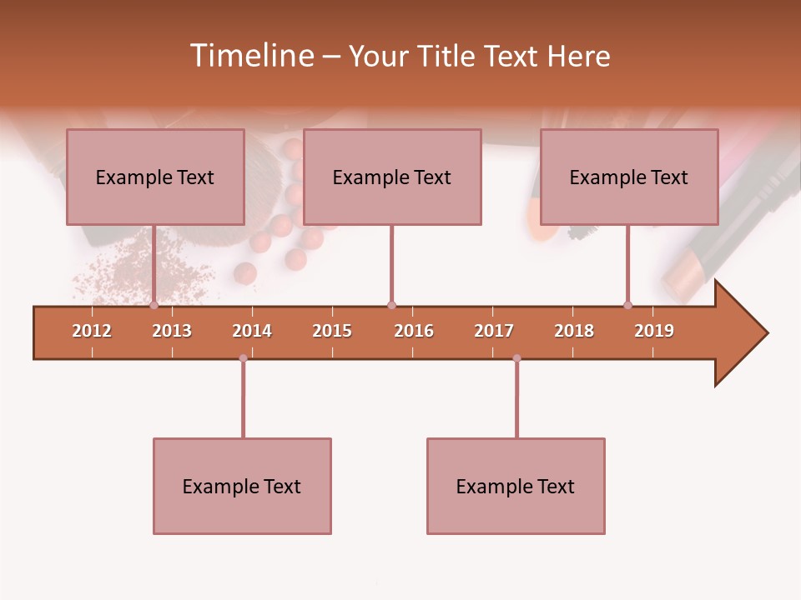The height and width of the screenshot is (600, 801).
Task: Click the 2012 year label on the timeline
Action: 92,331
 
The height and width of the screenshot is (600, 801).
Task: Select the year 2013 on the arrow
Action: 172,331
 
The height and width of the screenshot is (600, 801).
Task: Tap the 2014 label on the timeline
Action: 252,331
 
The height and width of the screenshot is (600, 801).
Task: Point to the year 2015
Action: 332,331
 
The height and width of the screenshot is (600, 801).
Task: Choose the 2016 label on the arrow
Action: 414,331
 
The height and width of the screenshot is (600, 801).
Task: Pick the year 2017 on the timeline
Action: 494,331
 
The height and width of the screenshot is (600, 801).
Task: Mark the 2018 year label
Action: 574,331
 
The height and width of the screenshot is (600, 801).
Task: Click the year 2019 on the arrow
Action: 654,331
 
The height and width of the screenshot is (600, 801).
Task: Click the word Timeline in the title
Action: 250,56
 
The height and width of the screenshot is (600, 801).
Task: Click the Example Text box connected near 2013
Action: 155,177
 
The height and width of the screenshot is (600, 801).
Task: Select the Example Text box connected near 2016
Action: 392,177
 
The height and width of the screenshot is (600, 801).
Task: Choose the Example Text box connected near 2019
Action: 629,177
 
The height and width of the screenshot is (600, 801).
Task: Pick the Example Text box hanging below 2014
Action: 242,486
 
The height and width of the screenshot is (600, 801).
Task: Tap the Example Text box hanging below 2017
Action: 516,486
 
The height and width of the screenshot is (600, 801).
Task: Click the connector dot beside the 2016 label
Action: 391,305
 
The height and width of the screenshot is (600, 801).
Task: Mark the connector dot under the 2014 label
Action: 243,358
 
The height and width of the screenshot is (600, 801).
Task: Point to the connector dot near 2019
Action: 627,305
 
